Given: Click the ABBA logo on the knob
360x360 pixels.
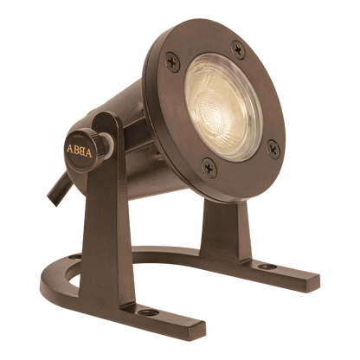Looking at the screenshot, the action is tap(80, 151).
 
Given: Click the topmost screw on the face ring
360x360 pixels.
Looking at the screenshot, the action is tap(238, 49).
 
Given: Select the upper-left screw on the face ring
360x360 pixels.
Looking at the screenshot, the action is tap(172, 61).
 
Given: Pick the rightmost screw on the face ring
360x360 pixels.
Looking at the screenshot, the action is tap(273, 149).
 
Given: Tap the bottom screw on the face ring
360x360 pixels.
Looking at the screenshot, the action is tap(209, 168).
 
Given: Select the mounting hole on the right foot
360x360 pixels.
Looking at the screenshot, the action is tap(267, 267).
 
